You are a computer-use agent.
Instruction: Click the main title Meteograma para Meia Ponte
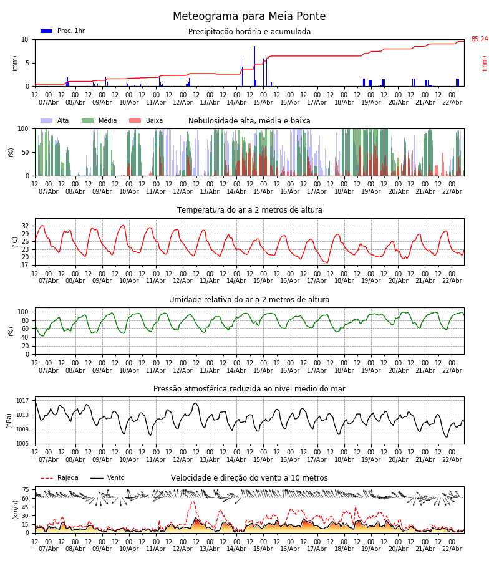tap(249, 17)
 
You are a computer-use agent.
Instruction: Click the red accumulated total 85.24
tap(480, 39)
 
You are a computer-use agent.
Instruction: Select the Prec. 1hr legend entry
tap(62, 31)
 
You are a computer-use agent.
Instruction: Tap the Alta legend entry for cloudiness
tap(55, 121)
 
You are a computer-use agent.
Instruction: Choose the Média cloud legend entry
tap(98, 121)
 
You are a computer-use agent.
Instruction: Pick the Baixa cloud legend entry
tap(145, 121)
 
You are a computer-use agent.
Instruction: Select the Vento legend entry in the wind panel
tap(107, 478)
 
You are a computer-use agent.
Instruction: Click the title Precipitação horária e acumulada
tap(249, 32)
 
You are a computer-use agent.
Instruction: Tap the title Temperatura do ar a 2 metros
tap(249, 210)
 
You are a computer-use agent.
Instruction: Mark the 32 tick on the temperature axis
tap(25, 226)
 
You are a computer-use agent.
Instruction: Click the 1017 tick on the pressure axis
tap(22, 401)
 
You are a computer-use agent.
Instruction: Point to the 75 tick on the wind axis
tap(25, 490)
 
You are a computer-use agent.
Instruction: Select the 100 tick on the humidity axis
tap(23, 312)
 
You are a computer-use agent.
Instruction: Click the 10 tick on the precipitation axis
tap(25, 39)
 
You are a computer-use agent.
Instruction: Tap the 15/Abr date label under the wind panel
tap(263, 549)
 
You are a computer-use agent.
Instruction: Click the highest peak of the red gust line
tap(193, 502)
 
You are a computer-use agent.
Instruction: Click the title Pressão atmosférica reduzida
tap(249, 389)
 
